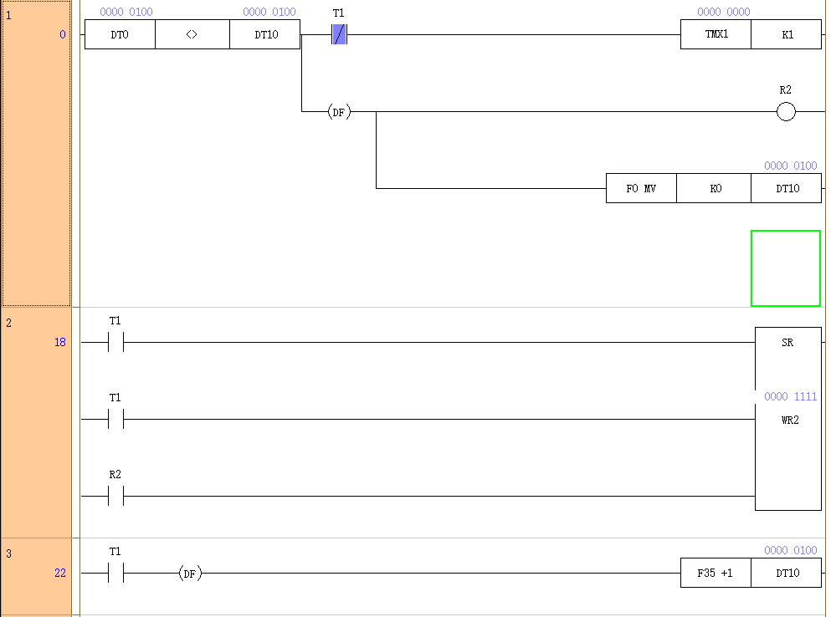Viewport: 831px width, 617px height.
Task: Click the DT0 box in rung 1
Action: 120,35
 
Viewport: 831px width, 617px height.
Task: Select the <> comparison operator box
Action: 192,35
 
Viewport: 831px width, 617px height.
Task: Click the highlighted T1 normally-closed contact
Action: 339,35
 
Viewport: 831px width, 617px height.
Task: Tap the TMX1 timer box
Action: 716,35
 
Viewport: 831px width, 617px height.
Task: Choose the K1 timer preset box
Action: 787,35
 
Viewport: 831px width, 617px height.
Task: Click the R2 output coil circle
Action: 786,112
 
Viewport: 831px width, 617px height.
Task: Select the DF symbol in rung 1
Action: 339,112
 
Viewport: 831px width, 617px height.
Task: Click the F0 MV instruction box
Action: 641,189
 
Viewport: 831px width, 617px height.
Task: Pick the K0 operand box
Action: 715,189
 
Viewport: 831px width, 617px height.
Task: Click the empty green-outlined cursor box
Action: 786,268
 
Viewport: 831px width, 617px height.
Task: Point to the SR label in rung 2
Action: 787,343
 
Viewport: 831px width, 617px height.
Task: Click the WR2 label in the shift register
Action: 789,420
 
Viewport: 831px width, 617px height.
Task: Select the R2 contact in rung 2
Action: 115,497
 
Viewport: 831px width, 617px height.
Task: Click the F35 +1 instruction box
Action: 716,574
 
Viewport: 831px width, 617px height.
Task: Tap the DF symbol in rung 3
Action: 191,574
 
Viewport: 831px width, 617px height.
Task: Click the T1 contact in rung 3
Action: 115,574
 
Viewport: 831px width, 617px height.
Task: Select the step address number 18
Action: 60,343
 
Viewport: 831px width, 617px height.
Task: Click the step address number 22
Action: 60,574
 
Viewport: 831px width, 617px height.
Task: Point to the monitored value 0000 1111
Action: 790,397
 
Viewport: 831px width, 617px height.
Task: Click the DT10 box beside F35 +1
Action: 787,574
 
